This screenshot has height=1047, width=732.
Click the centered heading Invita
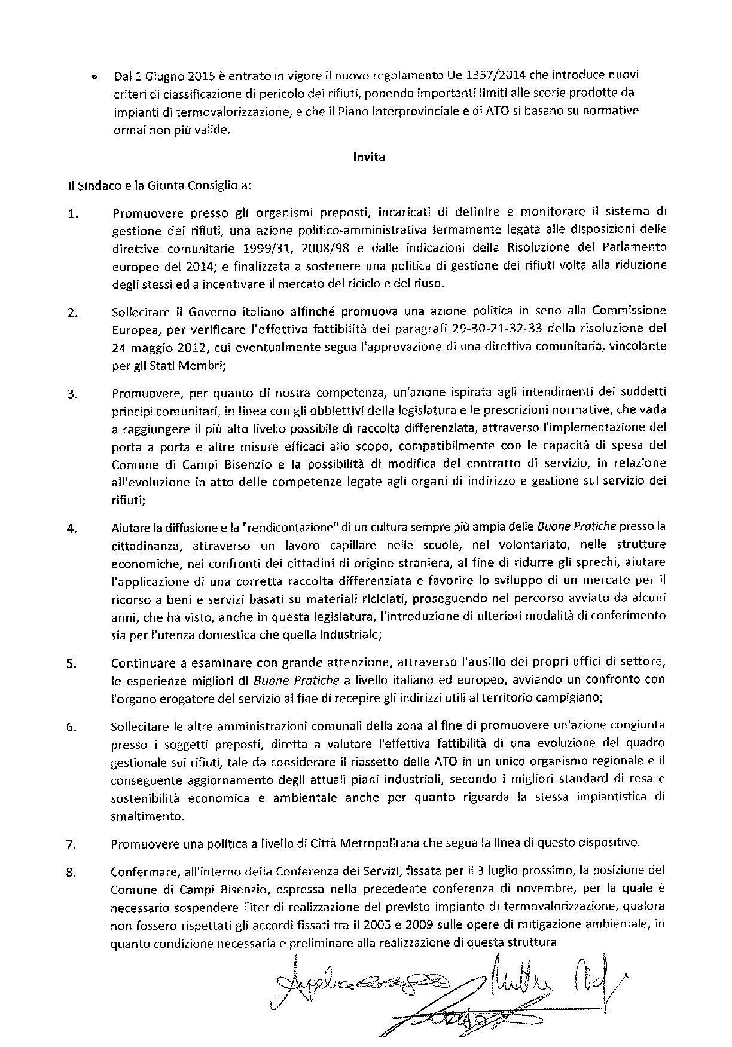coord(368,158)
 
